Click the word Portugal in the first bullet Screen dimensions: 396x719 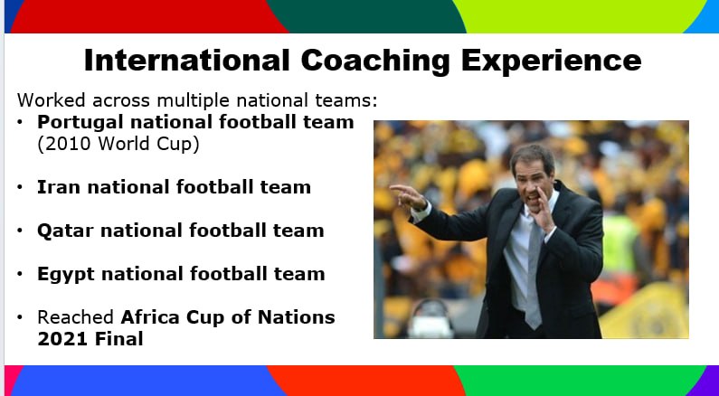coord(79,122)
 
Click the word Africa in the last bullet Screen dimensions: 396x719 coord(153,317)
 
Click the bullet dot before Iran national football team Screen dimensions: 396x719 coord(21,187)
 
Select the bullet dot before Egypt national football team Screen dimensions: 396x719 coord(21,274)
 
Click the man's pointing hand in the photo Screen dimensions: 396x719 coord(406,193)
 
